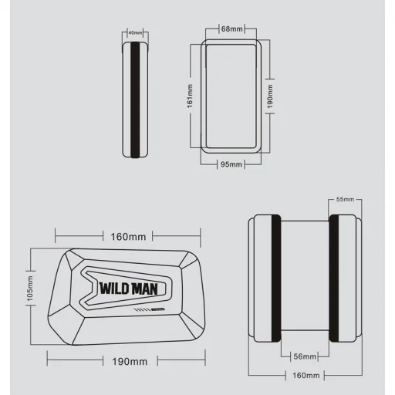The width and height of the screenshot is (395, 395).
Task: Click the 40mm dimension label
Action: tap(136, 32)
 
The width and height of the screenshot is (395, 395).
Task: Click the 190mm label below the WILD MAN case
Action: tap(130, 361)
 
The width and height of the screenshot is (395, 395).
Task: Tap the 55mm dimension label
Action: tap(346, 200)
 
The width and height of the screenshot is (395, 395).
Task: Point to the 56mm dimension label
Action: tap(305, 356)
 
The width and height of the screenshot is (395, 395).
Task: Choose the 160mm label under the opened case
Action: tap(306, 376)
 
